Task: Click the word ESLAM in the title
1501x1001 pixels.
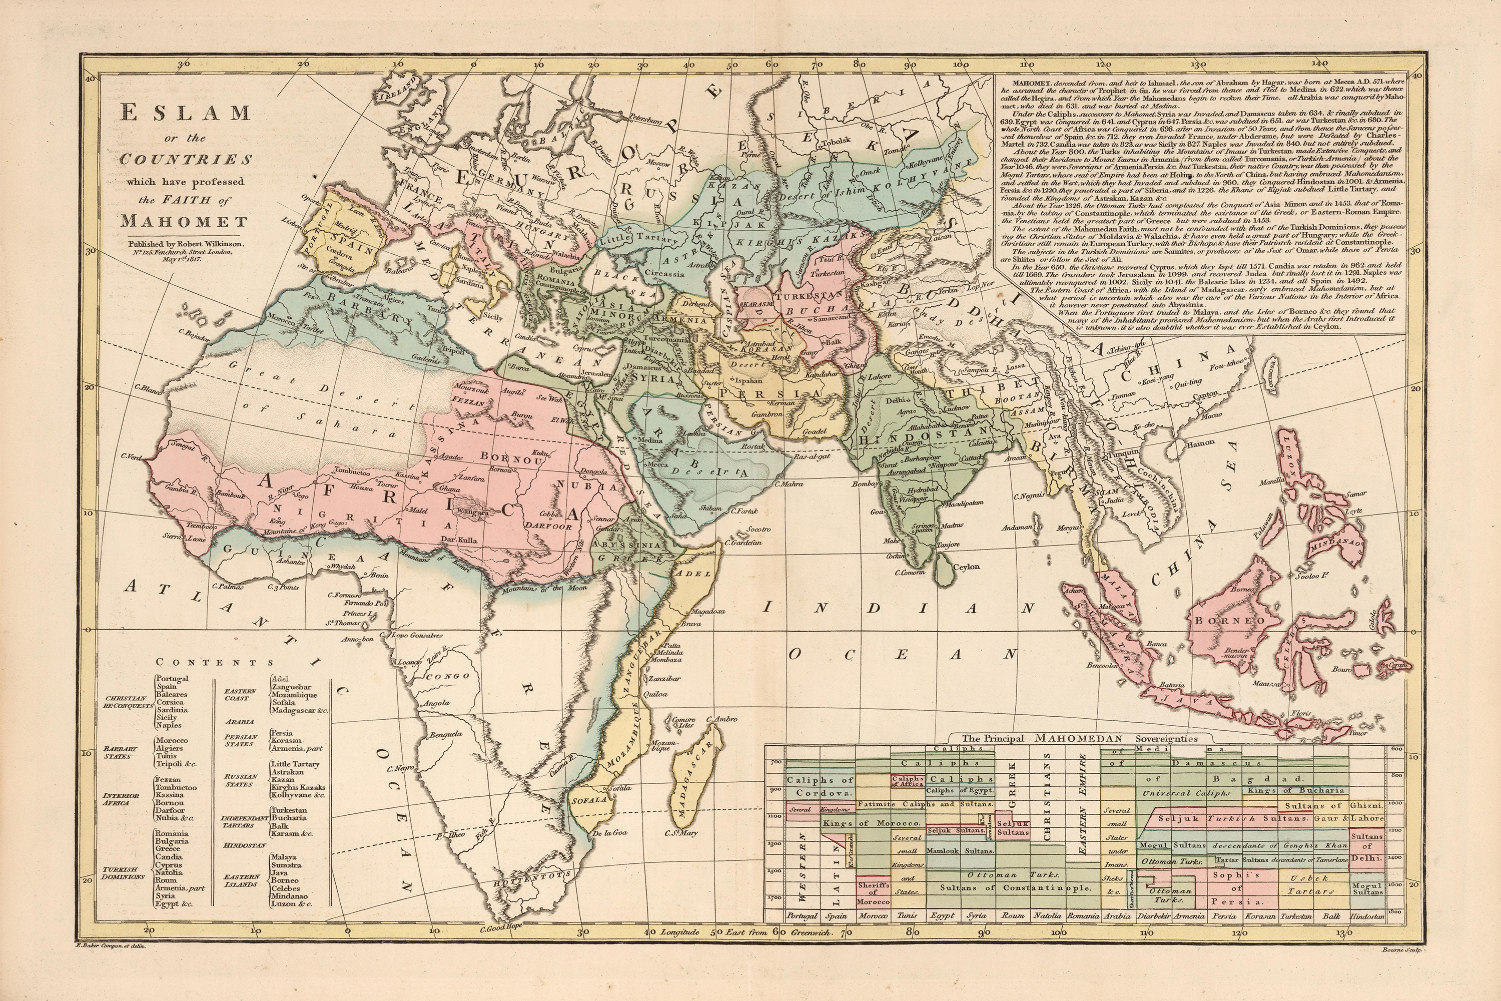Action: (185, 114)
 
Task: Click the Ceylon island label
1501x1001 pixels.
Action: (966, 566)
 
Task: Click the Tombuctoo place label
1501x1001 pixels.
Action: (351, 472)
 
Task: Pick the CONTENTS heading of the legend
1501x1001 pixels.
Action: (215, 663)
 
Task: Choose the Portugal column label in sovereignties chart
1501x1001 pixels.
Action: (802, 915)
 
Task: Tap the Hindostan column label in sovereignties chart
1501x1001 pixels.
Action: (1367, 915)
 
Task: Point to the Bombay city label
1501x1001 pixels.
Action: (867, 484)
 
